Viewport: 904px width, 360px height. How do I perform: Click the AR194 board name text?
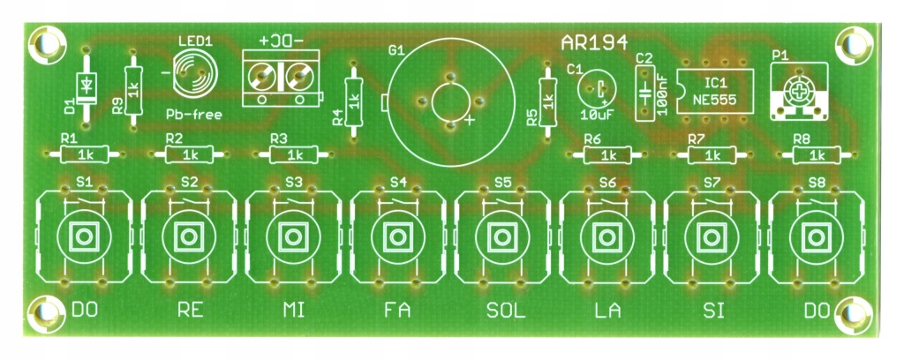coord(593,43)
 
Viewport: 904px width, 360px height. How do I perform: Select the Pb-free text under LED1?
coord(193,114)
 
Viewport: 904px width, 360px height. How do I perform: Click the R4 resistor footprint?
coord(353,101)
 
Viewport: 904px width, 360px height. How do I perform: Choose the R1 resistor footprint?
coord(84,154)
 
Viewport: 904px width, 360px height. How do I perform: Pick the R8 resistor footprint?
coord(817,154)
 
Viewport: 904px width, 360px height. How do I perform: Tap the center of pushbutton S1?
coord(84,236)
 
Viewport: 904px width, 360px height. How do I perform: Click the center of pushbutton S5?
coord(502,236)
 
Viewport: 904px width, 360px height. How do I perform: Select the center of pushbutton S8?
coord(816,236)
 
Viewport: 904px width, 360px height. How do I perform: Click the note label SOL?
coord(506,311)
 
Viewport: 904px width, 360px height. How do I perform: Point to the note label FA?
coord(398,311)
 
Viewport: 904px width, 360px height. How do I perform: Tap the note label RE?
coord(190,311)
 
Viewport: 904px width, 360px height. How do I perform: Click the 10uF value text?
coord(597,115)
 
